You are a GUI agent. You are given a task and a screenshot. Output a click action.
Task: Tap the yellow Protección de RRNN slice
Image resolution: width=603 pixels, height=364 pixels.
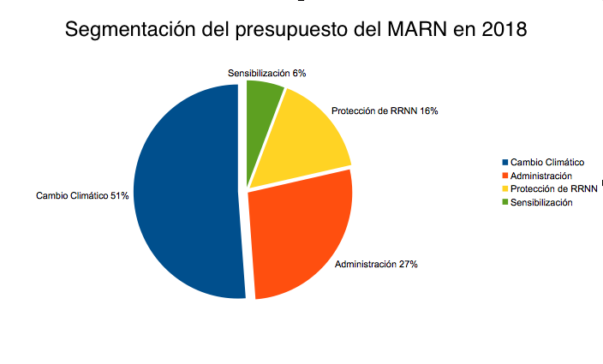[x=304, y=141]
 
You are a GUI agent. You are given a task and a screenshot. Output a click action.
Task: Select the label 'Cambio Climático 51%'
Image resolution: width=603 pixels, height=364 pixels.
[x=82, y=196]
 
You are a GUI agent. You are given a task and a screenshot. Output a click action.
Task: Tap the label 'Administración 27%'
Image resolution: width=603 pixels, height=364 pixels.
[x=376, y=264]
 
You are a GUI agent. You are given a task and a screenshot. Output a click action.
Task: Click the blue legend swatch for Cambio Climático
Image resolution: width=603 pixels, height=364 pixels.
[x=505, y=163]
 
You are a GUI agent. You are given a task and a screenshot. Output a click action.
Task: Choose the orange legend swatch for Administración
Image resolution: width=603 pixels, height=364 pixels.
[x=505, y=176]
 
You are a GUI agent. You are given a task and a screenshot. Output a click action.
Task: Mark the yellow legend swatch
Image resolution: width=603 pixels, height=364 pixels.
[x=505, y=188]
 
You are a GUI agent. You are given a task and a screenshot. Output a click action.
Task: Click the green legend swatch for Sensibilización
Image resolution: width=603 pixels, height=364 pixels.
[x=505, y=202]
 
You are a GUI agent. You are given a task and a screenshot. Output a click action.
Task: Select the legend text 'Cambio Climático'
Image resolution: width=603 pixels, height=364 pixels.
[x=547, y=163]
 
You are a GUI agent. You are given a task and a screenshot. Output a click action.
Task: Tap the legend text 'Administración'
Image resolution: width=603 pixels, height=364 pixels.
[x=540, y=176]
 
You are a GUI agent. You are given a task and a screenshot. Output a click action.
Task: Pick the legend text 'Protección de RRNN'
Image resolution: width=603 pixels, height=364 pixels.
[x=552, y=188]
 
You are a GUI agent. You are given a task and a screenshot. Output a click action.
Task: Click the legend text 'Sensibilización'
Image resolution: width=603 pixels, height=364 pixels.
[x=541, y=202]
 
